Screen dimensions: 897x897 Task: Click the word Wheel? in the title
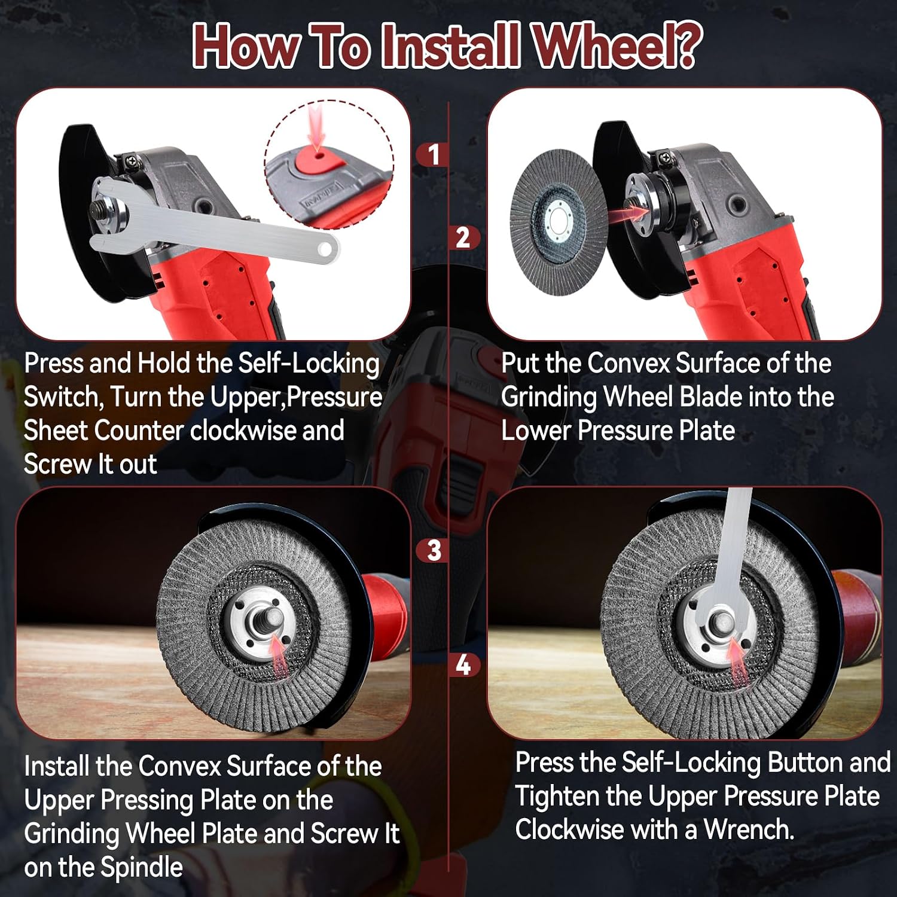pyautogui.click(x=617, y=47)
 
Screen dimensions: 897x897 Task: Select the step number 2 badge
pyautogui.click(x=463, y=238)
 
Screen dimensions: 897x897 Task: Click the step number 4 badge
pyautogui.click(x=463, y=665)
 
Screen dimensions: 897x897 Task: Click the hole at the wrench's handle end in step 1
pyautogui.click(x=325, y=248)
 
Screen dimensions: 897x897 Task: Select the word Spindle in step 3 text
pyautogui.click(x=142, y=868)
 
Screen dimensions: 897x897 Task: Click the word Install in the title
pyautogui.click(x=449, y=47)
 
